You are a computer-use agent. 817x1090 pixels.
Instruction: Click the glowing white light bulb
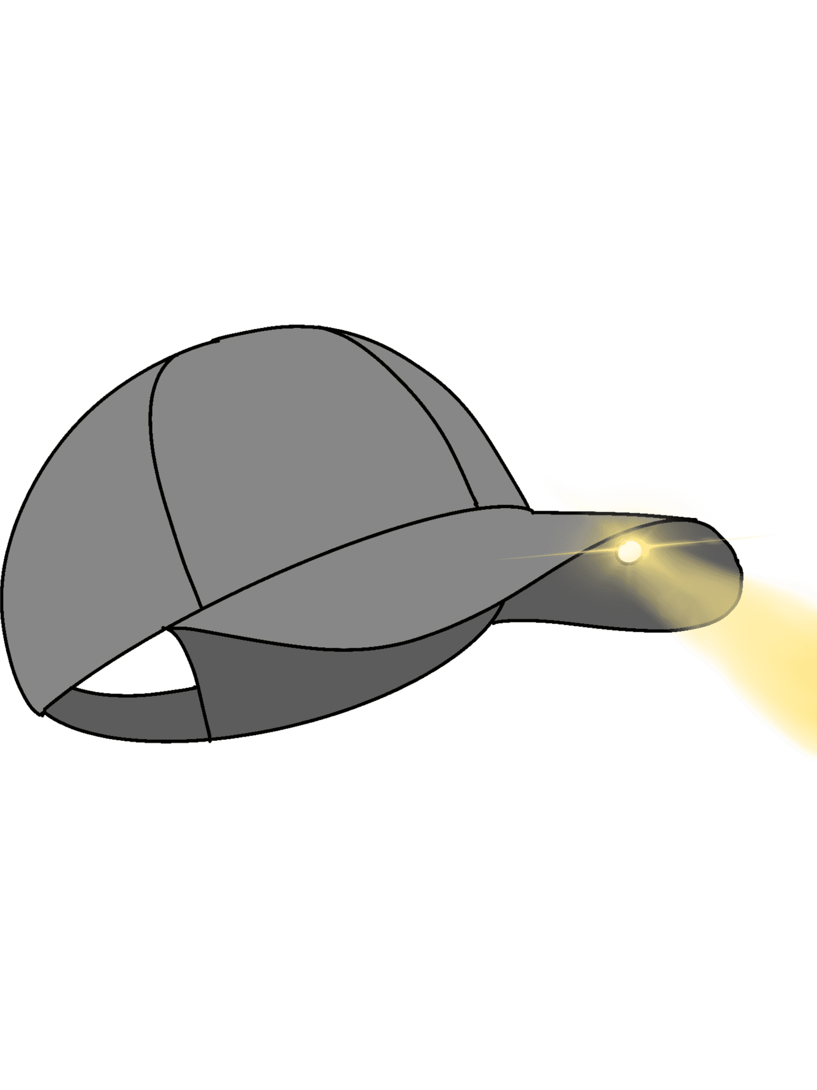[629, 551]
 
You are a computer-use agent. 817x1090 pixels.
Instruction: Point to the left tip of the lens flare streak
[497, 559]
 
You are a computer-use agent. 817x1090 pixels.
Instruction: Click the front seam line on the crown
[420, 420]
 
